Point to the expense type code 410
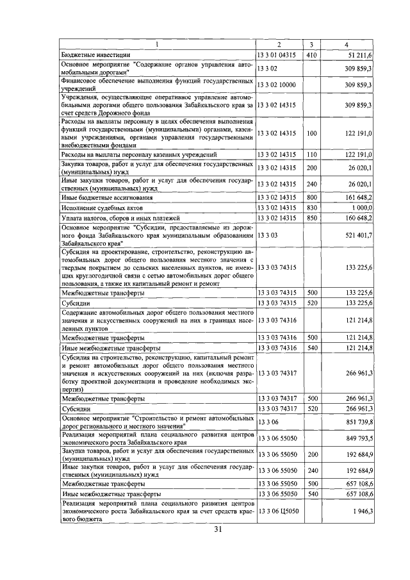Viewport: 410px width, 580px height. point(312,56)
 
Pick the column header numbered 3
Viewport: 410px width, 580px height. point(311,44)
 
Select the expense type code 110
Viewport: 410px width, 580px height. point(312,154)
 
